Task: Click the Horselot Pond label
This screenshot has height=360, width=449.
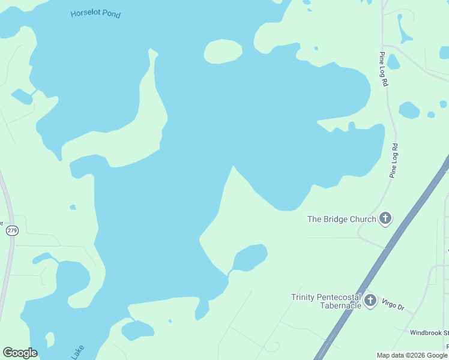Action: pos(95,14)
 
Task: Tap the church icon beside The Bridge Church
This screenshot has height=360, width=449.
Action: pos(385,219)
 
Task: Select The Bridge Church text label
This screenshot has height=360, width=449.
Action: pos(341,219)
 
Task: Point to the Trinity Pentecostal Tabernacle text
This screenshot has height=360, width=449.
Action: pos(326,301)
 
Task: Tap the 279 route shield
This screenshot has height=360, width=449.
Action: pos(11,230)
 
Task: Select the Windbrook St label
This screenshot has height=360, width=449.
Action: pos(429,332)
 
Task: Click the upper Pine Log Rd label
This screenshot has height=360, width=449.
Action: pos(383,69)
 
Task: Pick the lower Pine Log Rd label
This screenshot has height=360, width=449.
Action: pos(394,160)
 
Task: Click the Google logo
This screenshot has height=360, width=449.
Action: pos(20,353)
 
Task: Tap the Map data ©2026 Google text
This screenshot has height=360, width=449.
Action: pos(412,355)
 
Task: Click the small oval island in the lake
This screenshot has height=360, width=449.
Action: pos(223,51)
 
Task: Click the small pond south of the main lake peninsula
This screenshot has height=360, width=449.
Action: pos(249,257)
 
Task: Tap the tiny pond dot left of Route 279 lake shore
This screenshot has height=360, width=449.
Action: pos(73,208)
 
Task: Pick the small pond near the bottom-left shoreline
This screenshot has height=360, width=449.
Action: pos(137,329)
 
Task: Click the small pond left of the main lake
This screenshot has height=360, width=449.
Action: pos(22,96)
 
